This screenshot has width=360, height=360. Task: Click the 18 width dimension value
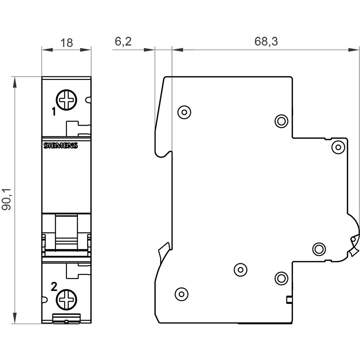(67, 43)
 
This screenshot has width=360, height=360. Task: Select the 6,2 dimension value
(123, 42)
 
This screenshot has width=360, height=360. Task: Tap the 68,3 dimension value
(266, 42)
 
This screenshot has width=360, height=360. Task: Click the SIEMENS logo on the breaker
(61, 145)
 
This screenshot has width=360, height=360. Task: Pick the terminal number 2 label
(54, 287)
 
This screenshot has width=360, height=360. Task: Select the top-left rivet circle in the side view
(184, 112)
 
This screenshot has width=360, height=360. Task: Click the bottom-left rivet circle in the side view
(181, 294)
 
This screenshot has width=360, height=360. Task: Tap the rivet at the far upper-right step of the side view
(338, 147)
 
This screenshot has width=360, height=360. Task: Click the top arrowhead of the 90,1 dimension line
(15, 82)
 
